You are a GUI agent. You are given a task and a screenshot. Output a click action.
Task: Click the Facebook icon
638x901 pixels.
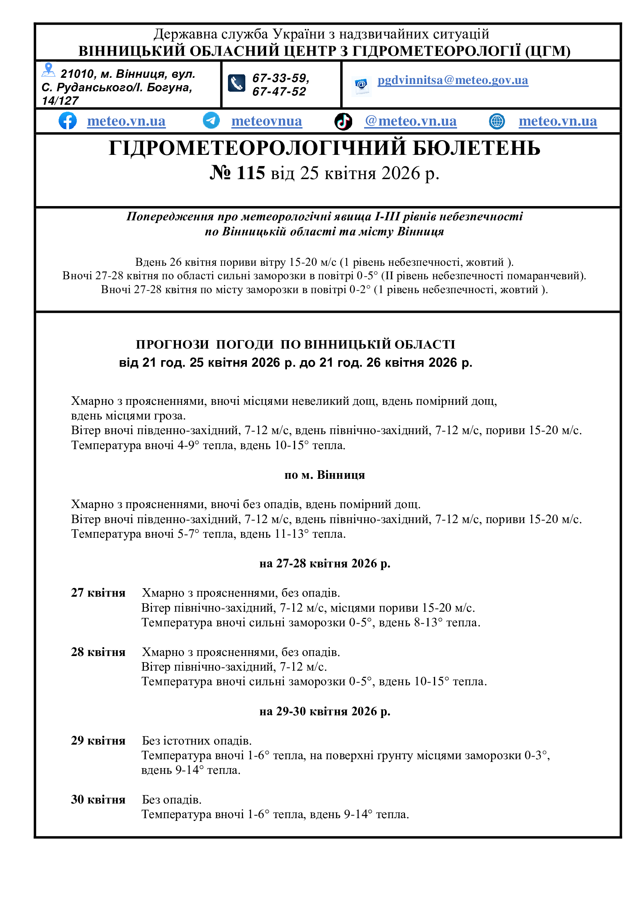68,121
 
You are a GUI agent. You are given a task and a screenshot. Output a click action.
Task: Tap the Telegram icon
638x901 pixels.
211,121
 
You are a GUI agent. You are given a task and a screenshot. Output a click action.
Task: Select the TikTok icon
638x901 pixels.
343,121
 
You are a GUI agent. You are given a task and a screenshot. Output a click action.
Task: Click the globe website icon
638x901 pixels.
496,121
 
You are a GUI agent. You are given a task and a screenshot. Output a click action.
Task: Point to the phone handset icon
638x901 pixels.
236,83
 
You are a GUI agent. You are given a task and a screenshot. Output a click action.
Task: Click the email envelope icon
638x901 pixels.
361,85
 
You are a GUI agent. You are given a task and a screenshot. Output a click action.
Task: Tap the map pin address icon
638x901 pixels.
48,70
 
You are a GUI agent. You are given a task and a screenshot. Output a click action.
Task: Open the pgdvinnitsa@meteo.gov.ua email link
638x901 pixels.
452,80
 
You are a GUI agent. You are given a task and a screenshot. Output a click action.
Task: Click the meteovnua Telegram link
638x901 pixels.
267,121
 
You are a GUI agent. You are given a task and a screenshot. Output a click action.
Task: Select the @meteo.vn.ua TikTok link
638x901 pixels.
410,121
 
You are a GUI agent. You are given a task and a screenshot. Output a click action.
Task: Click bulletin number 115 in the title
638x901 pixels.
238,173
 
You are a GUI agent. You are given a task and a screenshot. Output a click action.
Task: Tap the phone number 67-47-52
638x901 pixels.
279,92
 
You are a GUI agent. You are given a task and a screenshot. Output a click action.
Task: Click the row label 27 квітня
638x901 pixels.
98,593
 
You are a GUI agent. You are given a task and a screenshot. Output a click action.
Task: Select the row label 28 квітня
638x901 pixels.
98,652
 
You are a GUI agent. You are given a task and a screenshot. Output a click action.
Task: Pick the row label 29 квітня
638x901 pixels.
98,741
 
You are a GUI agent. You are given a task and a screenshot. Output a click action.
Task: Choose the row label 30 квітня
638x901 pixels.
98,800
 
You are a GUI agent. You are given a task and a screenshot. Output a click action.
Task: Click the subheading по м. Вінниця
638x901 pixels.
324,475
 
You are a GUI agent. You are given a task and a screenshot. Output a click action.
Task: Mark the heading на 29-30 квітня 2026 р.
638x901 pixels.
324,711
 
